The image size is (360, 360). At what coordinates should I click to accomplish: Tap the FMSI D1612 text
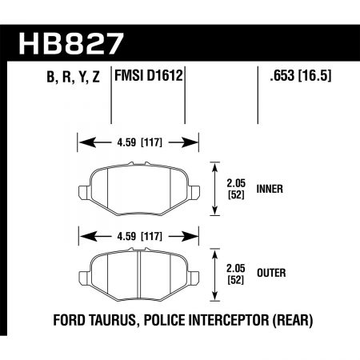click(149, 78)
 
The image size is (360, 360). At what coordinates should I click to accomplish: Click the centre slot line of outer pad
click(140, 272)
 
